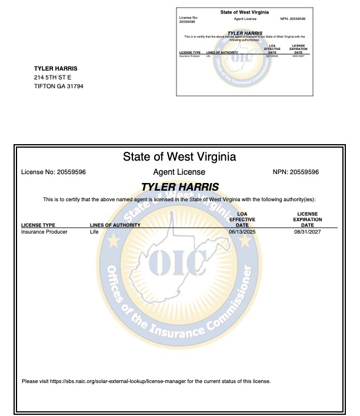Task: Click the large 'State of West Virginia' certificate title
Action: pyautogui.click(x=179, y=157)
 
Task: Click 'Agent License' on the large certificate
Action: pyautogui.click(x=179, y=172)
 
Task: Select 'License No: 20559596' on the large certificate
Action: pyautogui.click(x=54, y=172)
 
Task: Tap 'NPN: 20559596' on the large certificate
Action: pyautogui.click(x=296, y=172)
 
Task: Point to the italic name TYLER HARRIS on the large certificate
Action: pyautogui.click(x=180, y=187)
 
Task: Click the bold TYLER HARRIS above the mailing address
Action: pyautogui.click(x=56, y=68)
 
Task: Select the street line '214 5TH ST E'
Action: pyautogui.click(x=52, y=78)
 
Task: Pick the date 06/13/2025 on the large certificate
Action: pyautogui.click(x=242, y=232)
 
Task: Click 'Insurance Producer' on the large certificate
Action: pyautogui.click(x=44, y=232)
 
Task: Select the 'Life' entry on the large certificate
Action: pyautogui.click(x=94, y=232)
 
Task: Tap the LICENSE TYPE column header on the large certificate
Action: pyautogui.click(x=38, y=225)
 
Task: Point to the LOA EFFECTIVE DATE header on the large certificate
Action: pyautogui.click(x=242, y=219)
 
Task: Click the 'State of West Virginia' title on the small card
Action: pyautogui.click(x=244, y=12)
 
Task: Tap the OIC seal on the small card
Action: pyautogui.click(x=243, y=58)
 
